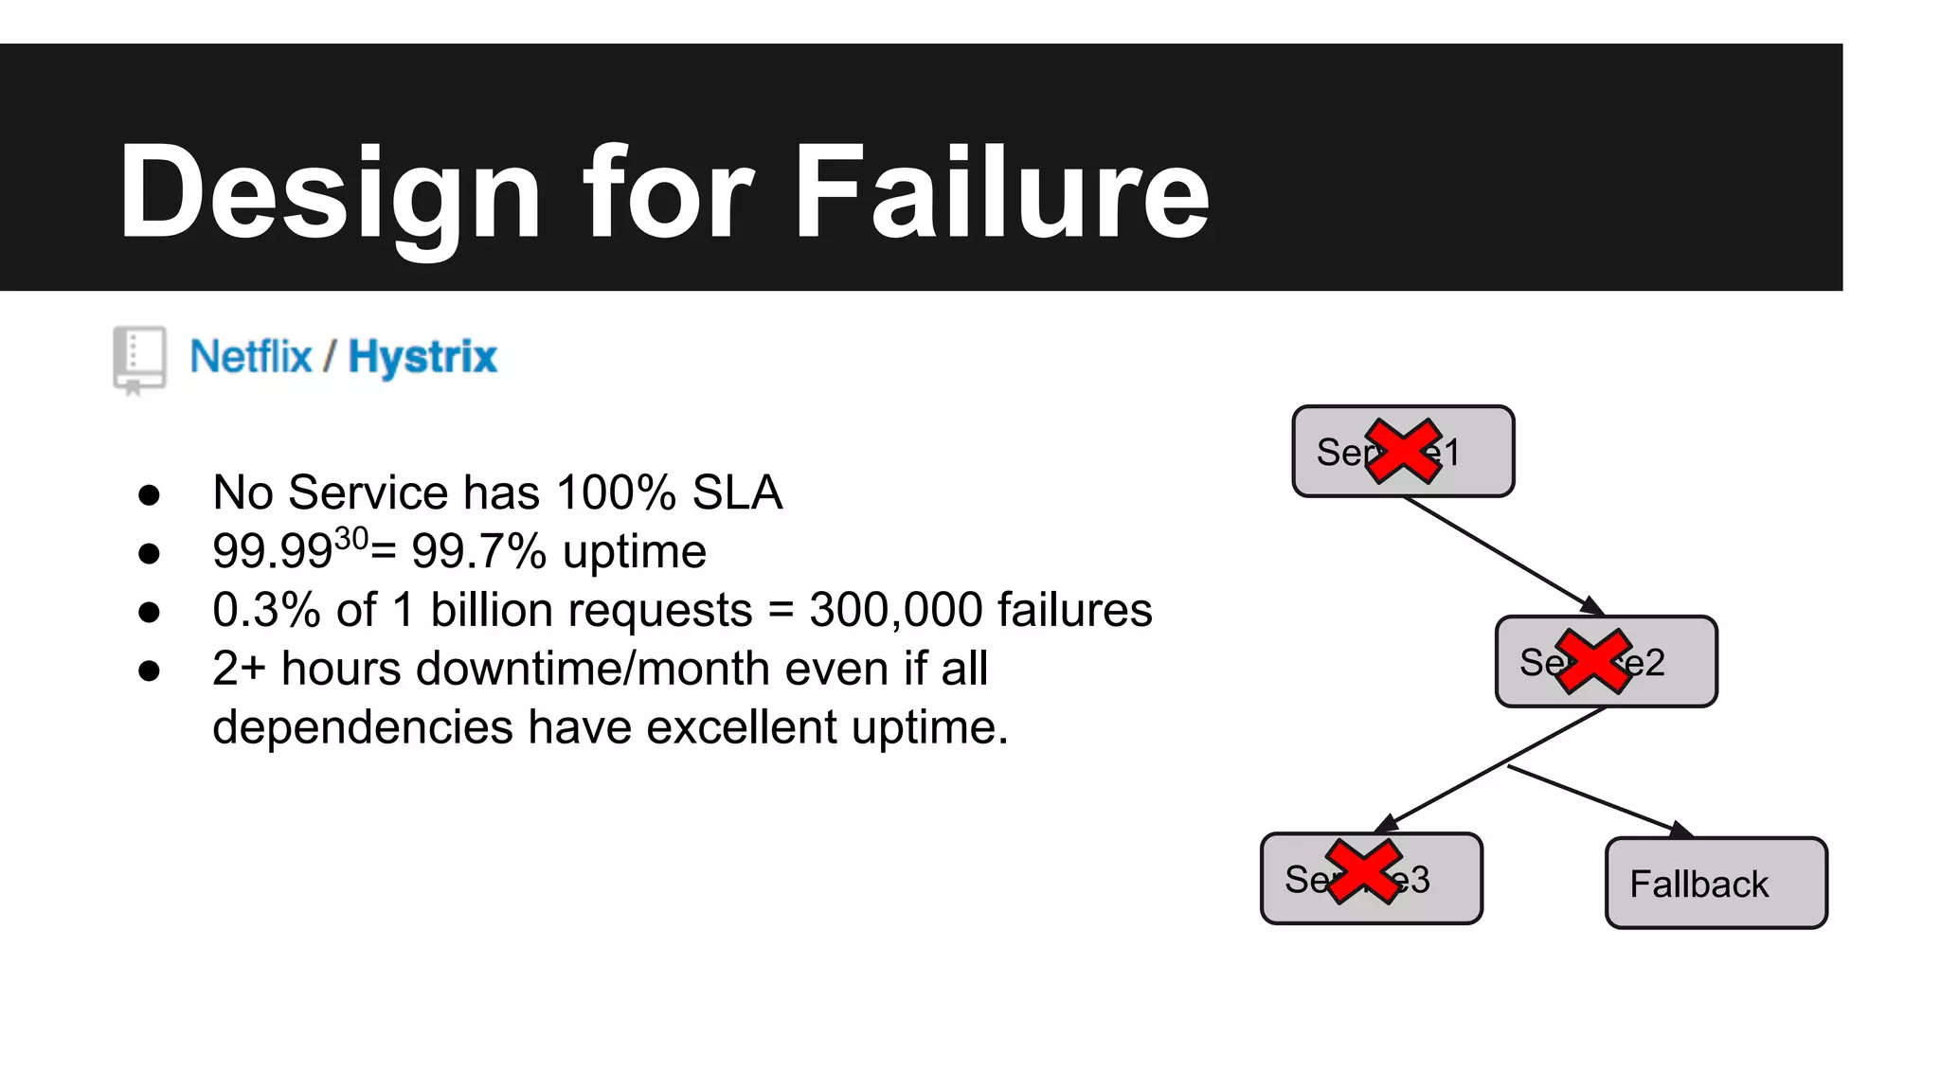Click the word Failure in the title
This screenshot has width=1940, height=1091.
[x=1001, y=192]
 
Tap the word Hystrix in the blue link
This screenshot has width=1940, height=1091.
[x=422, y=357]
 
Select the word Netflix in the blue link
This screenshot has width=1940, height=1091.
[x=251, y=357]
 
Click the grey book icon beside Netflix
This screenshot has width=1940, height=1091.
[x=139, y=359]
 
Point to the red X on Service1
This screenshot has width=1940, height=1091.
[x=1403, y=452]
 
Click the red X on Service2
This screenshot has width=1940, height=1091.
[x=1593, y=661]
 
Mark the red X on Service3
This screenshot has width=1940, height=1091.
[x=1363, y=871]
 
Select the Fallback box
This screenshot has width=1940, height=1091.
[x=1715, y=883]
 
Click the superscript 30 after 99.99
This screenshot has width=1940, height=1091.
[x=351, y=539]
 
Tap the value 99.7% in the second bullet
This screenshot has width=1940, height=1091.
[x=478, y=551]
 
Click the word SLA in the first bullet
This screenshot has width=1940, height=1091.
[x=737, y=492]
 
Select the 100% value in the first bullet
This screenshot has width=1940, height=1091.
[x=617, y=492]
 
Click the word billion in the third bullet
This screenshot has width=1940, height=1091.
[x=492, y=610]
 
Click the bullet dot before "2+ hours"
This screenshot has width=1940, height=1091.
[x=149, y=671]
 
